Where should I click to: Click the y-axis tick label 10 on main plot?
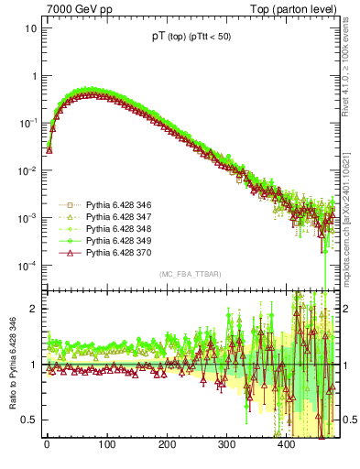click(x=30, y=27)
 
